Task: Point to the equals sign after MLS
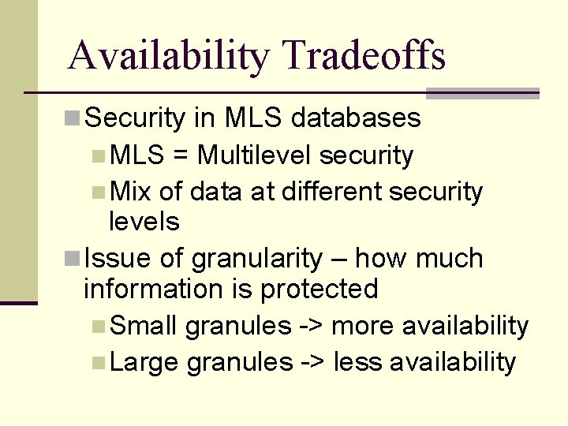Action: tap(180, 156)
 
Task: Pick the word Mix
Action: tap(132, 192)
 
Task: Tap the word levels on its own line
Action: tap(144, 222)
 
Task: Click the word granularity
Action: tap(256, 260)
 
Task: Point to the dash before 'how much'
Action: tap(342, 260)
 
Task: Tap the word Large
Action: tap(146, 362)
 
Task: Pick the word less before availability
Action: tap(358, 362)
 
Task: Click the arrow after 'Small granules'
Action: tap(311, 326)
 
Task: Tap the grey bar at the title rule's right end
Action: tap(482, 93)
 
